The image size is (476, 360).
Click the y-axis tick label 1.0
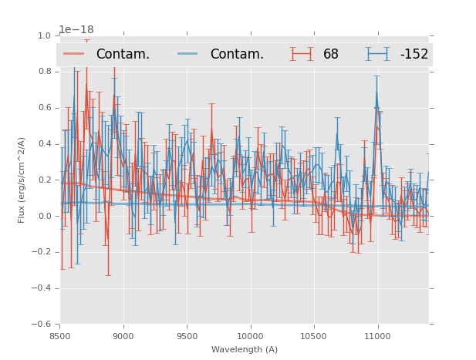click(44, 35)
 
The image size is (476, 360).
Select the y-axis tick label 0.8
click(44, 72)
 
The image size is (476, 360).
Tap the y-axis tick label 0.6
click(44, 108)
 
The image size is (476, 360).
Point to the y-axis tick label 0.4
click(44, 144)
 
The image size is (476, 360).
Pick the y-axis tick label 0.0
click(44, 217)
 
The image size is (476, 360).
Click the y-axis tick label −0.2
click(42, 252)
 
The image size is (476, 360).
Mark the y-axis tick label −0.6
click(42, 325)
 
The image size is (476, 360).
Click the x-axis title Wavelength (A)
click(245, 349)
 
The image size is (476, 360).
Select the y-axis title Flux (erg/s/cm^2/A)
click(22, 180)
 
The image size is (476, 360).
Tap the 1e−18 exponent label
click(76, 30)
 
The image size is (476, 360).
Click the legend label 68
click(331, 54)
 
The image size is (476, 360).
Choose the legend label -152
click(414, 54)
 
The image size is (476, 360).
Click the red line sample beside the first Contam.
click(74, 54)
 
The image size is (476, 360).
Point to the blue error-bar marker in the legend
click(377, 54)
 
